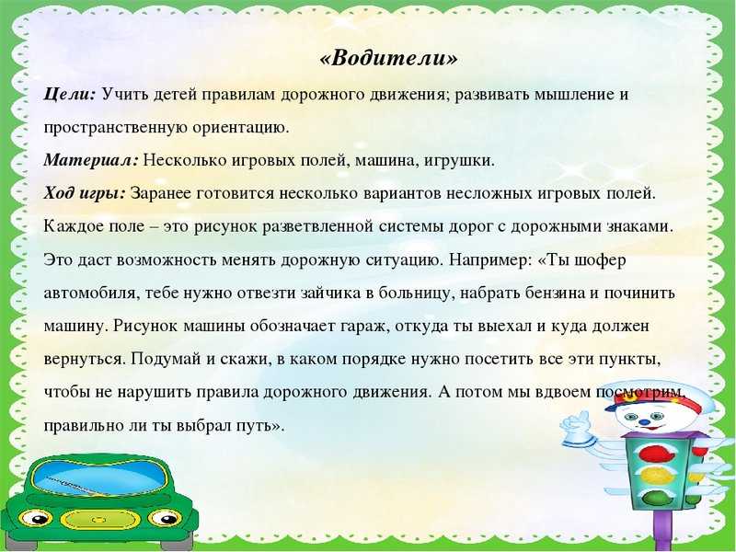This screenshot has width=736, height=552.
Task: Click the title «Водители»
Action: click(x=388, y=59)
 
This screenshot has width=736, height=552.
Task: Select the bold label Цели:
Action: click(x=70, y=95)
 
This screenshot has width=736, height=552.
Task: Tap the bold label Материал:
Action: click(x=91, y=160)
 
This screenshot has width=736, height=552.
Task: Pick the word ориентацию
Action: click(x=241, y=128)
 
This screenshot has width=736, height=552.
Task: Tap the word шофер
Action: click(x=603, y=260)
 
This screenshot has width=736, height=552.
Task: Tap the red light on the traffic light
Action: click(x=654, y=453)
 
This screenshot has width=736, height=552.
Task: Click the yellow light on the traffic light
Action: click(x=655, y=476)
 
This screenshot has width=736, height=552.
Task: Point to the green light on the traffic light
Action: click(x=656, y=498)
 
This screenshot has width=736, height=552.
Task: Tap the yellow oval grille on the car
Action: click(x=100, y=519)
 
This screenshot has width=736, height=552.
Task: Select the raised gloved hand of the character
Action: click(x=575, y=425)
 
